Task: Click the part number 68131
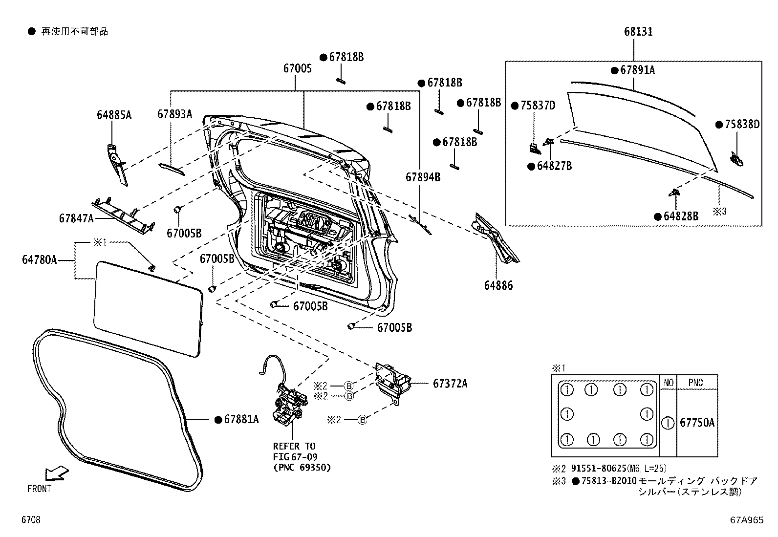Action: click(638, 32)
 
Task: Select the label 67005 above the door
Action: click(297, 69)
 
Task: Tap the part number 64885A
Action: click(114, 115)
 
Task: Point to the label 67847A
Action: click(76, 218)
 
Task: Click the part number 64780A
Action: click(39, 260)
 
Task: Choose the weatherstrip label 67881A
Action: click(241, 420)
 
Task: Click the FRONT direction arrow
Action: click(56, 473)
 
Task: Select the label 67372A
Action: click(450, 384)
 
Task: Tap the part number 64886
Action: click(498, 286)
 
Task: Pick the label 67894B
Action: click(423, 177)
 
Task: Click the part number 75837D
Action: click(538, 106)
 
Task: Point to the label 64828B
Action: click(681, 216)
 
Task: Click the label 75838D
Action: click(742, 125)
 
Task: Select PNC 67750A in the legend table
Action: click(697, 423)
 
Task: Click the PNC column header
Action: click(696, 383)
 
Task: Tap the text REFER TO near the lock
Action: click(294, 446)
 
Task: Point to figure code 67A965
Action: click(747, 520)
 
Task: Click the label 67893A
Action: click(174, 114)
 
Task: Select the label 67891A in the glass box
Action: click(637, 70)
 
